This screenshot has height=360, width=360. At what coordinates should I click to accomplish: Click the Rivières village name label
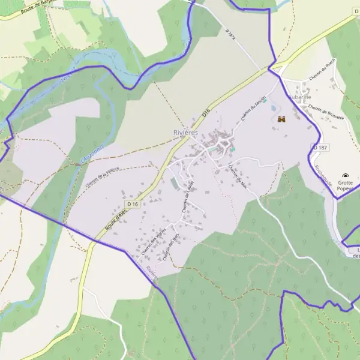point(185,132)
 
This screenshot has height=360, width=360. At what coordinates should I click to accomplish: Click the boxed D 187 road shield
point(319,148)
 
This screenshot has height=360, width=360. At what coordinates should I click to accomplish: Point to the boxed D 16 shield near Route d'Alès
point(133,204)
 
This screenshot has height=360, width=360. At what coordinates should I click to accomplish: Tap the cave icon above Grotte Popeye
point(345,176)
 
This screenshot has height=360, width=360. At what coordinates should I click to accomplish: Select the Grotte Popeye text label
point(345,185)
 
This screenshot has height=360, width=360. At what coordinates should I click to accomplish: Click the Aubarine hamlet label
point(299,97)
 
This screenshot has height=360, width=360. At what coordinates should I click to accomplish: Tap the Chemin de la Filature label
point(103,178)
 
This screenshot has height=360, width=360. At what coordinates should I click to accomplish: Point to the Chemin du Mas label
point(238,178)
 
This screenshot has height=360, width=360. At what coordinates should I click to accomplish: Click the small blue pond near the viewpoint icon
point(274,109)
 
